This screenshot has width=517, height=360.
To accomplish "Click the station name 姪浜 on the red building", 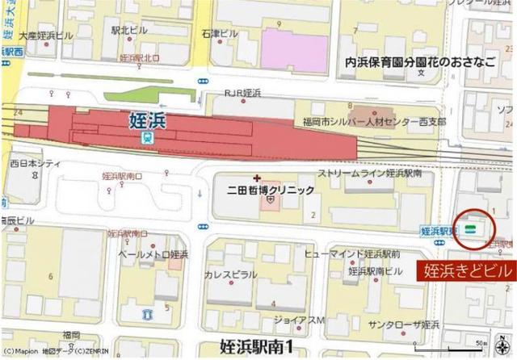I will coord(147,120).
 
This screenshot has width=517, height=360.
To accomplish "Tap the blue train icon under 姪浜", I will coord(146,138).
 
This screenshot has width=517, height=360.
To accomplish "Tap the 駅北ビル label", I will coord(130,30).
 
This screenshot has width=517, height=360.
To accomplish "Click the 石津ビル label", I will coord(220,34).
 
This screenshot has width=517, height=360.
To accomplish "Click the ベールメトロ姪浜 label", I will coord(153,254).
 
